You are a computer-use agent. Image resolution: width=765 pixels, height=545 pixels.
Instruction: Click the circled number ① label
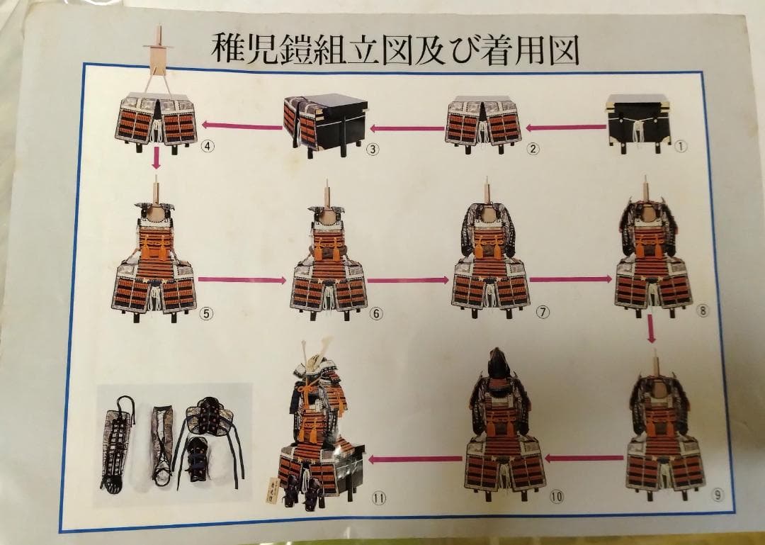click(x=681, y=148)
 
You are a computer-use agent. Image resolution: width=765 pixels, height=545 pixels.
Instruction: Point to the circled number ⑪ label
click(x=380, y=498)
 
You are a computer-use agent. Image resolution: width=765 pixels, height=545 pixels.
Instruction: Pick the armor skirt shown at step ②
click(x=482, y=123)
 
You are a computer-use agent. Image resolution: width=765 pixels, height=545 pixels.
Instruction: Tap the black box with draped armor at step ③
click(x=325, y=123)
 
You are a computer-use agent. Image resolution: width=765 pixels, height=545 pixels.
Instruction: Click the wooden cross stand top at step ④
click(x=157, y=47)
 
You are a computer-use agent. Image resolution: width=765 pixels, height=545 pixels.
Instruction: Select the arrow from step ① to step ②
click(x=565, y=128)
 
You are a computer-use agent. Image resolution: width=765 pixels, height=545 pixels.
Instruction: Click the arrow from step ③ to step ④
click(x=242, y=126)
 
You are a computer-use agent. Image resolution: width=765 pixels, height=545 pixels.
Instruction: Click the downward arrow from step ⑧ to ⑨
click(x=651, y=329)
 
